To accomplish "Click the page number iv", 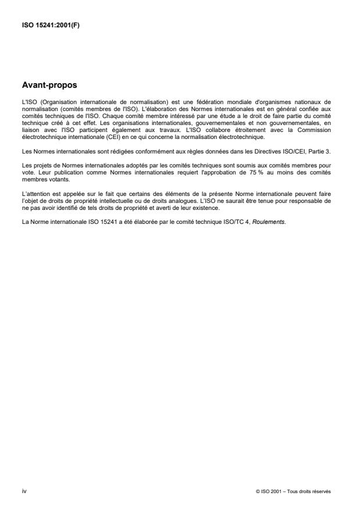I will tap(24, 491).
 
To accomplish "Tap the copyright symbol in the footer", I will tap(257, 491).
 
